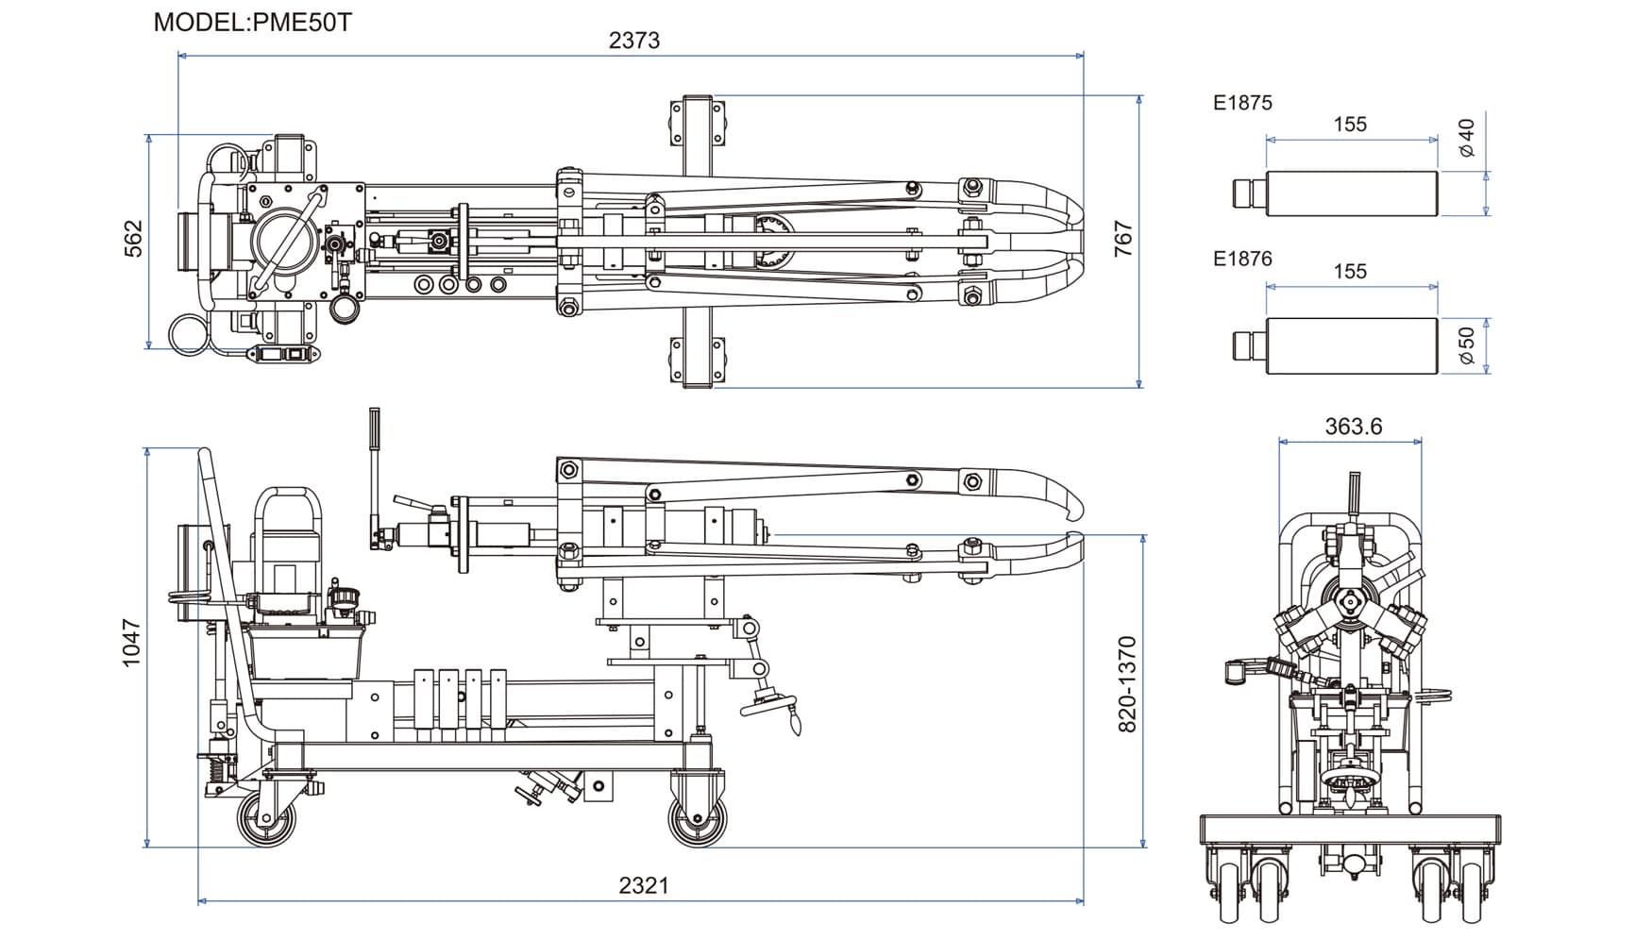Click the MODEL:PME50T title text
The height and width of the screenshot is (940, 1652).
(x=252, y=22)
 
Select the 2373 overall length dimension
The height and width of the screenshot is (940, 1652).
(x=634, y=40)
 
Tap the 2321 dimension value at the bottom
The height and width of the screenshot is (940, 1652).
(x=644, y=885)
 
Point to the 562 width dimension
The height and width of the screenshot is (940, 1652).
(x=134, y=238)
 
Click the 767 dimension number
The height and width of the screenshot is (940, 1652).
(x=1122, y=239)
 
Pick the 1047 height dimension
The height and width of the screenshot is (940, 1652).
(x=131, y=644)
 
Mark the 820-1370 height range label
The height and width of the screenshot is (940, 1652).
(x=1127, y=685)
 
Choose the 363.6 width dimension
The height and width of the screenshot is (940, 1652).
(x=1353, y=427)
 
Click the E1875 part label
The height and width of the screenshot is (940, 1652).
(x=1242, y=103)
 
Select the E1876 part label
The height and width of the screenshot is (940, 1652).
(x=1242, y=259)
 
